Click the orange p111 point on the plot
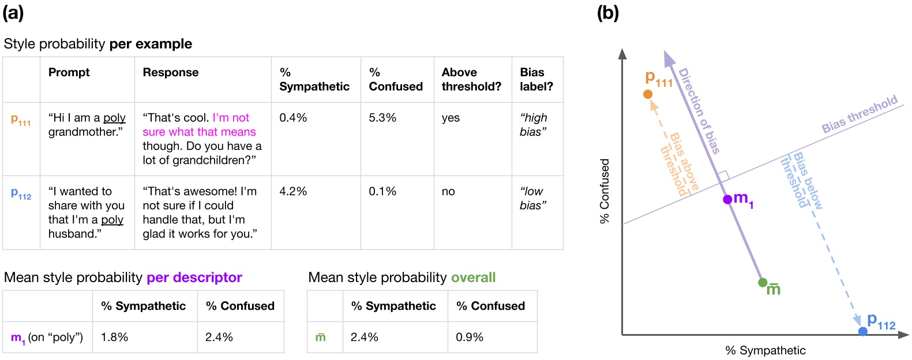coord(648,94)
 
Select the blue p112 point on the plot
coord(862,331)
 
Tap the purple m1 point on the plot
coord(727,200)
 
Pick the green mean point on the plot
coord(763,282)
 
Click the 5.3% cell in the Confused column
coord(382,118)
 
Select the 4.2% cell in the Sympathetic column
coord(293,192)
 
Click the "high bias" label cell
coord(534,125)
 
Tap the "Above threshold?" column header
coord(471,80)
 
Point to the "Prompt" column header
coord(69,73)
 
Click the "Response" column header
coord(171,73)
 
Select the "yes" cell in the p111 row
coord(451,118)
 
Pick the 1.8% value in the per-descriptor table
coord(114,337)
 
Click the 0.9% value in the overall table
coord(470,337)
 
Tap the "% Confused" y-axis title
coord(605,191)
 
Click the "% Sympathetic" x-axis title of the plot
coord(765,350)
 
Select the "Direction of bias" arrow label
coord(699,111)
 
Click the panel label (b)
coord(607,13)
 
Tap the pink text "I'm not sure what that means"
coord(199,125)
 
